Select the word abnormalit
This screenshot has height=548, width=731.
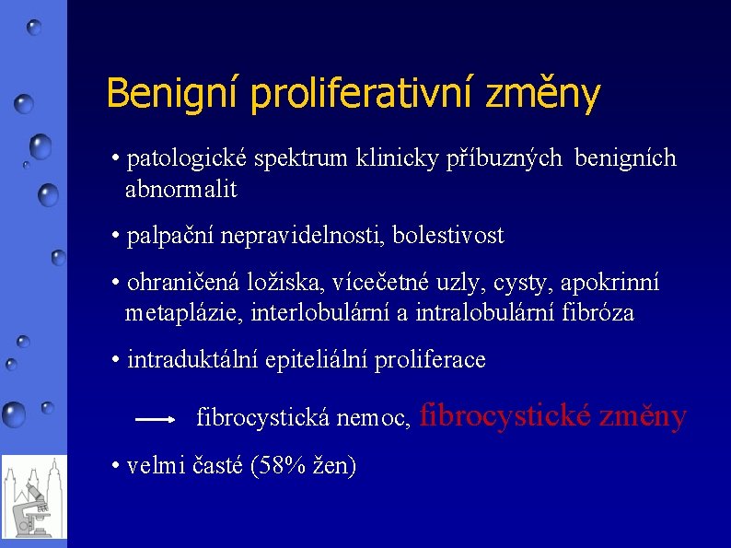[180, 190]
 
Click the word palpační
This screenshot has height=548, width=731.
[166, 236]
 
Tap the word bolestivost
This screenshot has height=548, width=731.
[448, 236]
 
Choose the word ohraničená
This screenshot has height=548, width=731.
[179, 282]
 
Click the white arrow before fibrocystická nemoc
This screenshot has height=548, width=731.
[155, 419]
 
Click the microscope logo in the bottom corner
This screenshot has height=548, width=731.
[33, 497]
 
